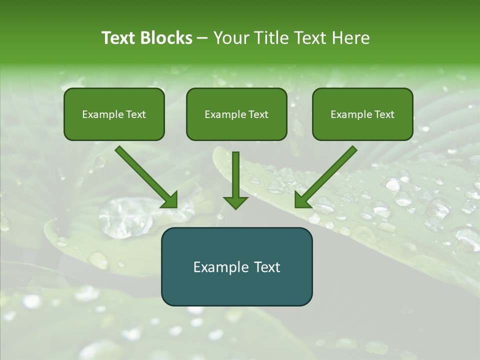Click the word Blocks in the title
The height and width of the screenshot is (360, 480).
(x=166, y=38)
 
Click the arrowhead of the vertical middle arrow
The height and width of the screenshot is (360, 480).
(x=235, y=202)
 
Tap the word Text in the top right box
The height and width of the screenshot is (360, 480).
(x=383, y=114)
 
